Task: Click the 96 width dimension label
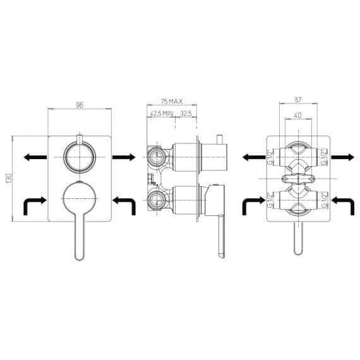tap(80, 105)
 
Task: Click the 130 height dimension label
tap(9, 178)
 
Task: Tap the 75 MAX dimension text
tap(172, 101)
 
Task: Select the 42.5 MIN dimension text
tap(162, 114)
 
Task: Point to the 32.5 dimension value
tap(186, 114)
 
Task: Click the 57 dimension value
tap(298, 100)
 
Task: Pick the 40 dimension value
tap(297, 115)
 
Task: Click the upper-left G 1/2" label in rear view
tap(271, 157)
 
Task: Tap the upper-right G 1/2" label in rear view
tap(325, 157)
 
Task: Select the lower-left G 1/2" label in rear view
tap(271, 200)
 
